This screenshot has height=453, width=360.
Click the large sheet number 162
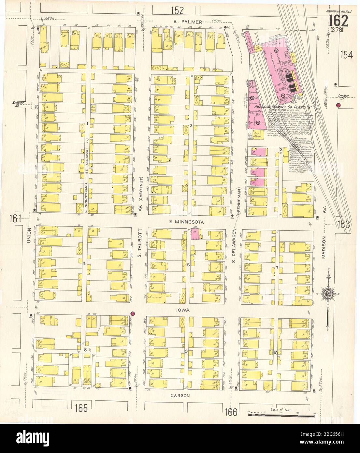pyautogui.click(x=338, y=22)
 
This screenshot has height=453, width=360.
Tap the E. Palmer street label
pyautogui.click(x=186, y=22)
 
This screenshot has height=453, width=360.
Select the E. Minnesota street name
pyautogui.click(x=186, y=222)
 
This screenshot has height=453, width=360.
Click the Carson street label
pyautogui.click(x=180, y=395)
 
